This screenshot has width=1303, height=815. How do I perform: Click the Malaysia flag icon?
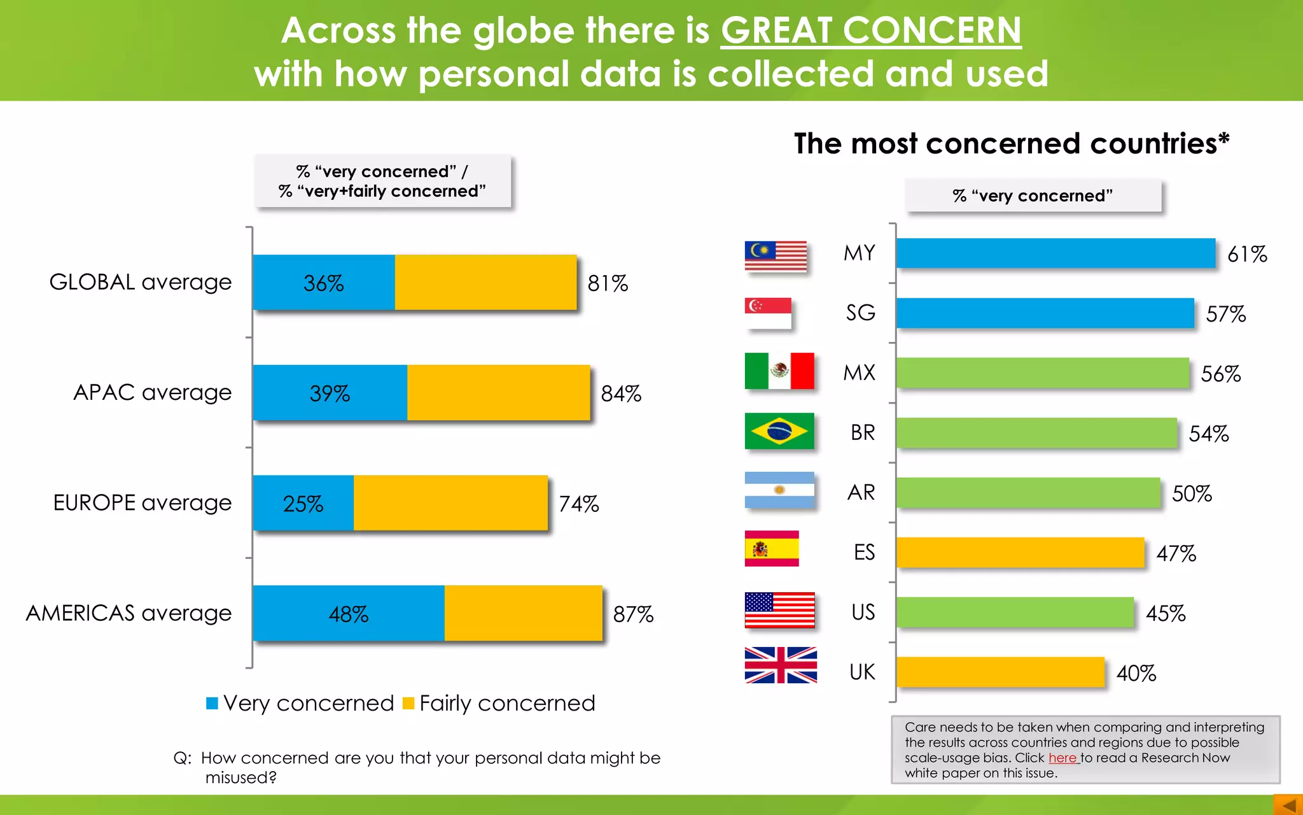click(776, 256)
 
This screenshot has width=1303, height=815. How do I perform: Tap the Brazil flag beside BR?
click(779, 431)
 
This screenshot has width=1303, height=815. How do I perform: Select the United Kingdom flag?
click(781, 665)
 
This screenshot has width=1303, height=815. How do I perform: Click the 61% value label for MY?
click(1246, 254)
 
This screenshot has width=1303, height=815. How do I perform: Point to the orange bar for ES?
click(1020, 552)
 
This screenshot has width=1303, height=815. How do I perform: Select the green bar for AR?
click(1028, 492)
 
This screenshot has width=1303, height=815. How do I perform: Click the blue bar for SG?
click(1045, 313)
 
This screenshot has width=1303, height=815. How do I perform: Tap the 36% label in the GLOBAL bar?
click(323, 283)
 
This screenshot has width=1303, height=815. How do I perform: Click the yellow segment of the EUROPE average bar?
click(450, 503)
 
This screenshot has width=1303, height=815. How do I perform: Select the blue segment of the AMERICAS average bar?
click(348, 613)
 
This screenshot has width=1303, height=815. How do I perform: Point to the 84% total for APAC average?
click(621, 393)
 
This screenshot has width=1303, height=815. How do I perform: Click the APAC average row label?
click(152, 392)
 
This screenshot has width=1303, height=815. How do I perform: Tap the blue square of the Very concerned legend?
click(213, 704)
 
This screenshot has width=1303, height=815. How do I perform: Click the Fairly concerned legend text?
click(507, 704)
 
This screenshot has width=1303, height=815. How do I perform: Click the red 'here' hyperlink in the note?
click(1062, 758)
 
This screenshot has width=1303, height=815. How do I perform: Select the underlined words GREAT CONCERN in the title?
click(870, 31)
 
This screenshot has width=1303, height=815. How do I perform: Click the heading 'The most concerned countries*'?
click(1011, 143)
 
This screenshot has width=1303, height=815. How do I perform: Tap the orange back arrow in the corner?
click(1288, 805)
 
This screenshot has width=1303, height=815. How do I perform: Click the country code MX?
click(859, 372)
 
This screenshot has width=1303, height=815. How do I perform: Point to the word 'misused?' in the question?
click(240, 777)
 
